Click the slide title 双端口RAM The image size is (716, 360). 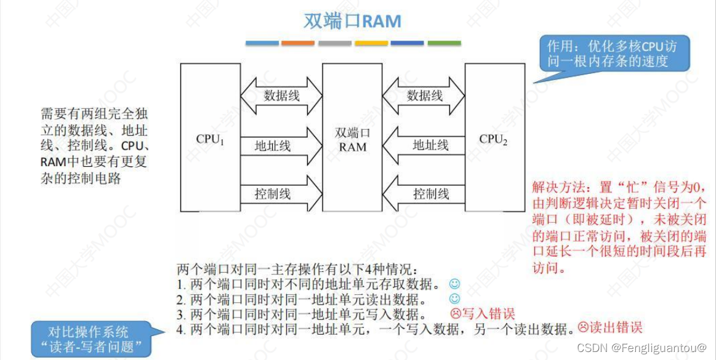352,22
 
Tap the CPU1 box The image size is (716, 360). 210,138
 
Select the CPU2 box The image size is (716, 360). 494,138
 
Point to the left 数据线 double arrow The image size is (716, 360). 281,96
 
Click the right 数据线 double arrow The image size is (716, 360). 424,96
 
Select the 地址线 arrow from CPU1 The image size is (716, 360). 281,146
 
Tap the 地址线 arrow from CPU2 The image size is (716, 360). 424,145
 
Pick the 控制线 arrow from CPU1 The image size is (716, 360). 281,194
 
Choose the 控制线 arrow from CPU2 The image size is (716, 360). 424,194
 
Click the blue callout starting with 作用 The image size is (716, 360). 616,54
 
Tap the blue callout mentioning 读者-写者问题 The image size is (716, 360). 91,339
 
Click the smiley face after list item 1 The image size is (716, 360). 454,284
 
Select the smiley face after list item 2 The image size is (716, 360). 455,299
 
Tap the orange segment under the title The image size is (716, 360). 298,43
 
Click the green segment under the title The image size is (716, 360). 444,43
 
